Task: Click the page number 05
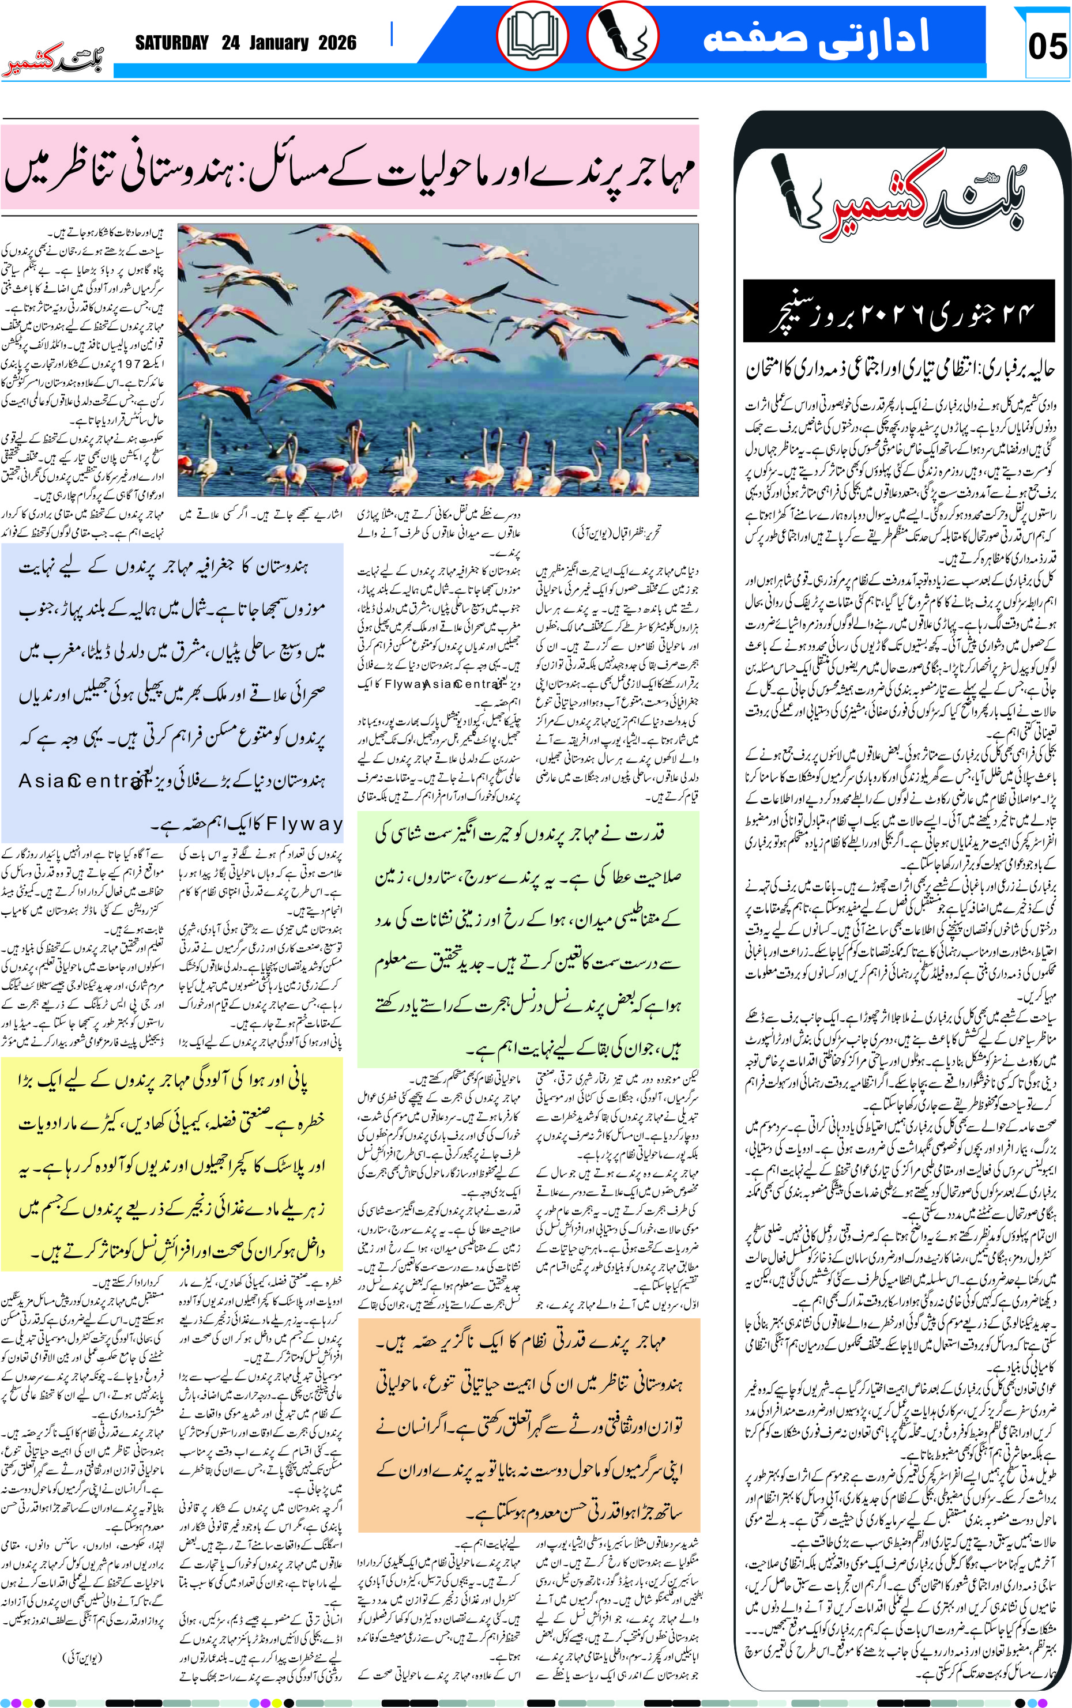[1047, 46]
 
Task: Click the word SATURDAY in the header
[172, 43]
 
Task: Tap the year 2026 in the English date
[337, 43]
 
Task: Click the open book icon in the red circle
[532, 36]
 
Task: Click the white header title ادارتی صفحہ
[815, 37]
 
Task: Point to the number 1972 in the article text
[130, 364]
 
